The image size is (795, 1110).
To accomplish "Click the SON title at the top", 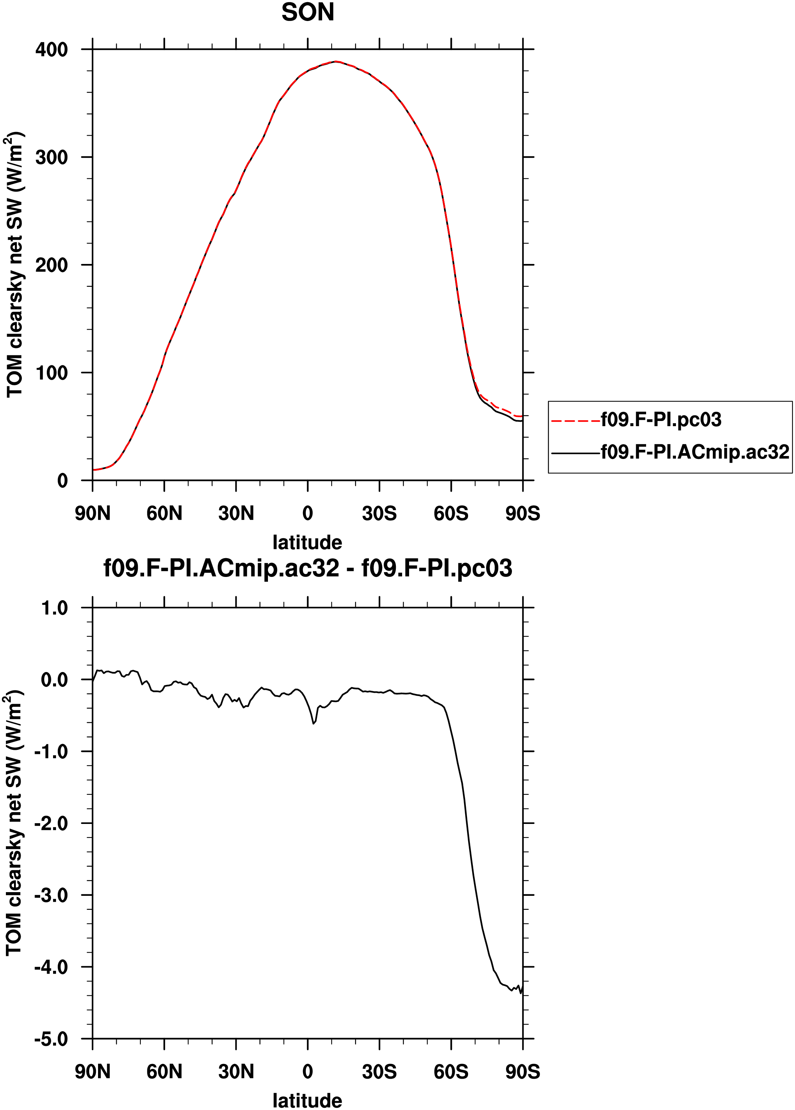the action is (308, 12).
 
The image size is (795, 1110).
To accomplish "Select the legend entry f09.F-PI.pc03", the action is (661, 420).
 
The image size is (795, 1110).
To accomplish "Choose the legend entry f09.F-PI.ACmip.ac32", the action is (695, 452).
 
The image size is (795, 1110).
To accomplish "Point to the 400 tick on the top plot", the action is (51, 49).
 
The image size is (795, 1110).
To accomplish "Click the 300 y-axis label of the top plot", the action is (51, 157).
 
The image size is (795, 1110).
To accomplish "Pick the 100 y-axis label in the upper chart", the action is (51, 372).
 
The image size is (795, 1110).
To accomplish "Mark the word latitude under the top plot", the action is (307, 542).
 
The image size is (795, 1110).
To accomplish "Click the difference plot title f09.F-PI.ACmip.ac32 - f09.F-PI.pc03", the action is (308, 568).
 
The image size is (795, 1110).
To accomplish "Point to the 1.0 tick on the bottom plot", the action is (54, 608).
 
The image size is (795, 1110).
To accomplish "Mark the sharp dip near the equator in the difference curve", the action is (314, 723).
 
